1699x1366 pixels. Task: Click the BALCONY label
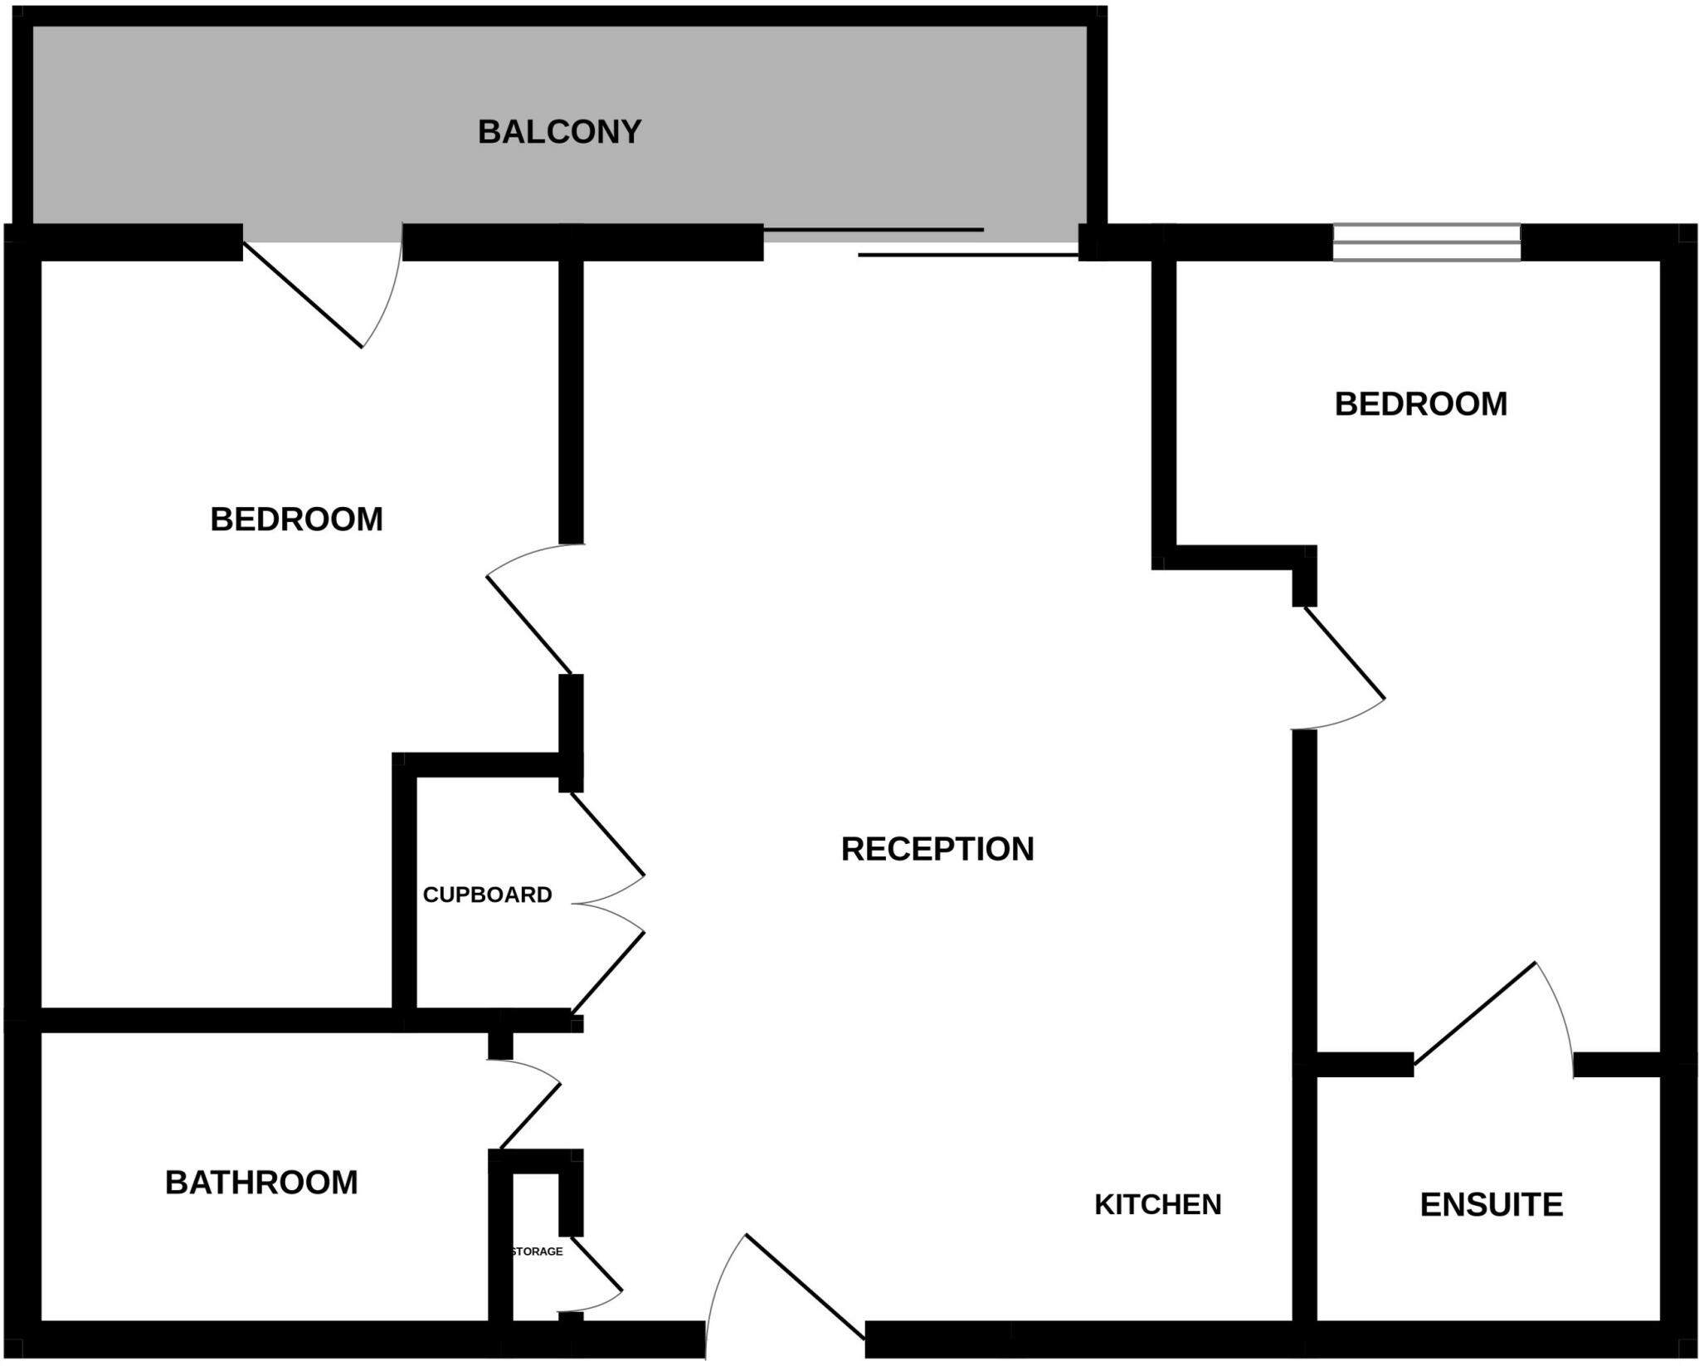point(559,133)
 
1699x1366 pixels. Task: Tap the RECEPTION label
point(937,849)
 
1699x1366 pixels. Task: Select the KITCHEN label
point(1157,1204)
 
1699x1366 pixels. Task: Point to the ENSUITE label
point(1491,1205)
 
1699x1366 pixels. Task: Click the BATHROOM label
point(261,1183)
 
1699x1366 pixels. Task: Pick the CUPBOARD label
point(487,895)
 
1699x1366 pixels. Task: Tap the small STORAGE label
point(537,1251)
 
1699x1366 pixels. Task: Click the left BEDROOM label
point(296,520)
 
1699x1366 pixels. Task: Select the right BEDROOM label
point(1420,404)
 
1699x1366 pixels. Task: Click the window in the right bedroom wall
point(1426,242)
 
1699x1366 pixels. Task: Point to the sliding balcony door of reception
point(921,242)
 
